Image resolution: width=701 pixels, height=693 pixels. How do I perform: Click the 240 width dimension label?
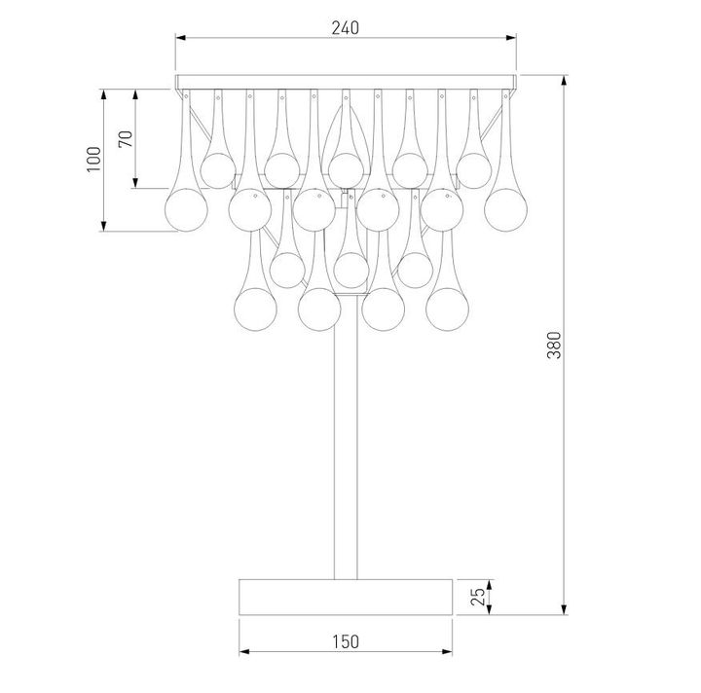coord(345,27)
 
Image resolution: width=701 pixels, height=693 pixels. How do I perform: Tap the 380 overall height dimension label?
coord(555,346)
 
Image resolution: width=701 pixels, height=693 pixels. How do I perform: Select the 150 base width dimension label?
coord(345,640)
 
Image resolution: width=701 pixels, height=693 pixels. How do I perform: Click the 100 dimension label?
coord(92,159)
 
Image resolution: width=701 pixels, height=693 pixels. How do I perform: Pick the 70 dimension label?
coord(125,138)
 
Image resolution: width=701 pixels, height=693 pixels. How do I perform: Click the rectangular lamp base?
coord(346,597)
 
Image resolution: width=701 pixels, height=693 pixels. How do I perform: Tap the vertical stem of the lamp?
coord(346,448)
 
